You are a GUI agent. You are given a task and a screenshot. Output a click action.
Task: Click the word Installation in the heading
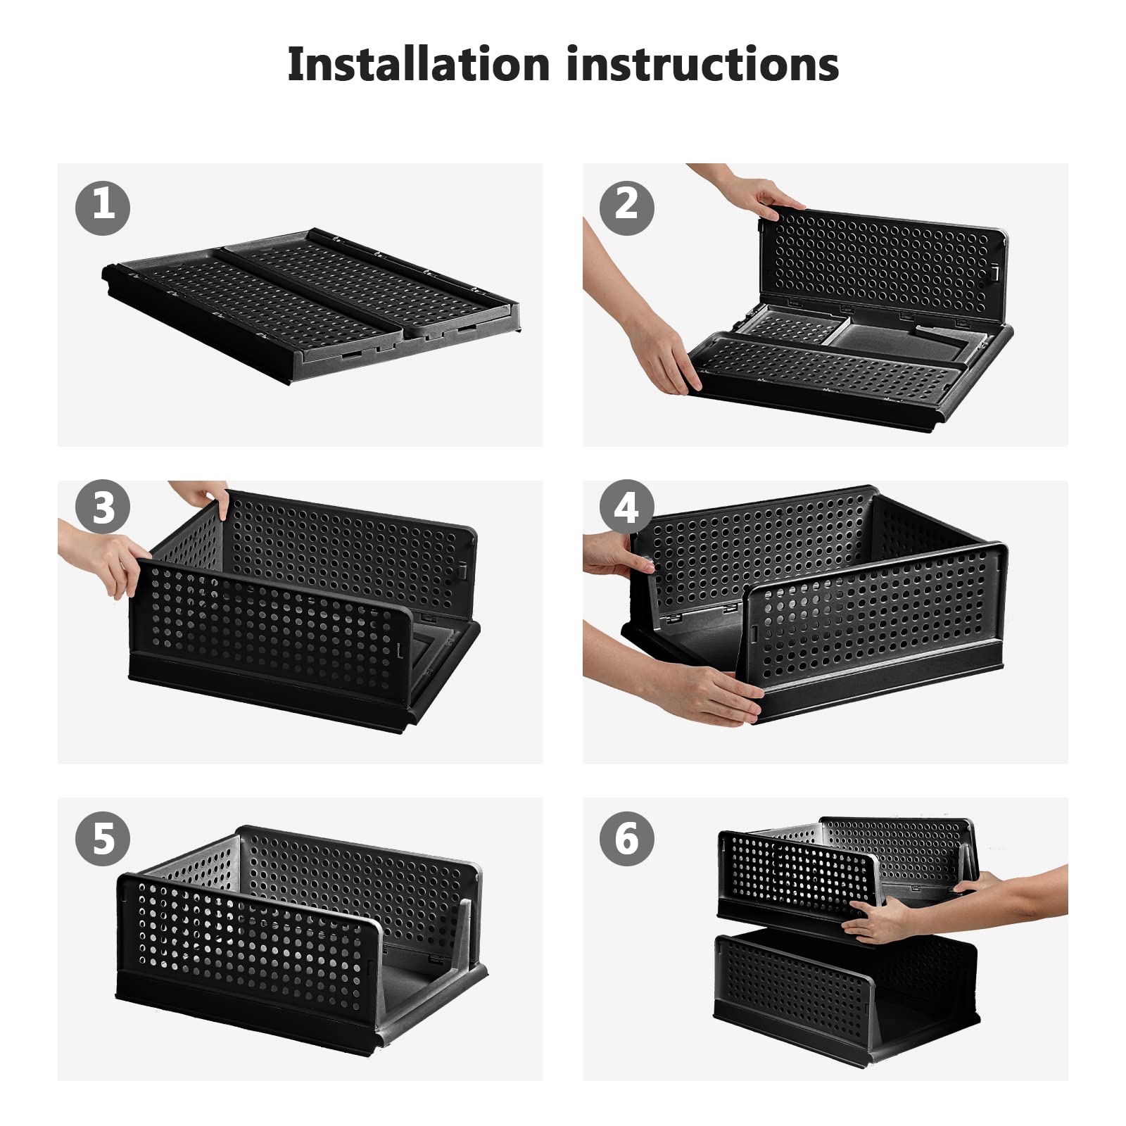click(418, 65)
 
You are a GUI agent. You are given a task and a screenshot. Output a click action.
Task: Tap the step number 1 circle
click(103, 207)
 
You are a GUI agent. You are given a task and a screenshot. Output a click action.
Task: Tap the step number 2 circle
click(626, 207)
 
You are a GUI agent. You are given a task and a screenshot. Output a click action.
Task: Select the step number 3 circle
click(103, 507)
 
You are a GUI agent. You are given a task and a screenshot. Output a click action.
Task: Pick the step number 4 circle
click(626, 507)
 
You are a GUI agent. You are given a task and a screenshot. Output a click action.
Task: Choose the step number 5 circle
click(103, 838)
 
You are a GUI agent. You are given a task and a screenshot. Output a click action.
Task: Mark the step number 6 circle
click(626, 838)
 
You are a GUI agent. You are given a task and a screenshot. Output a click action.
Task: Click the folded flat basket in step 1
click(310, 303)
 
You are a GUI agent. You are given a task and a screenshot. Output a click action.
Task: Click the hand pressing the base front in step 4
click(711, 693)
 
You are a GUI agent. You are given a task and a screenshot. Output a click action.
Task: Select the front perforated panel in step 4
click(873, 612)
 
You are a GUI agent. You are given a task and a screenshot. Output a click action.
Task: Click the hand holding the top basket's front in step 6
click(880, 918)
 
